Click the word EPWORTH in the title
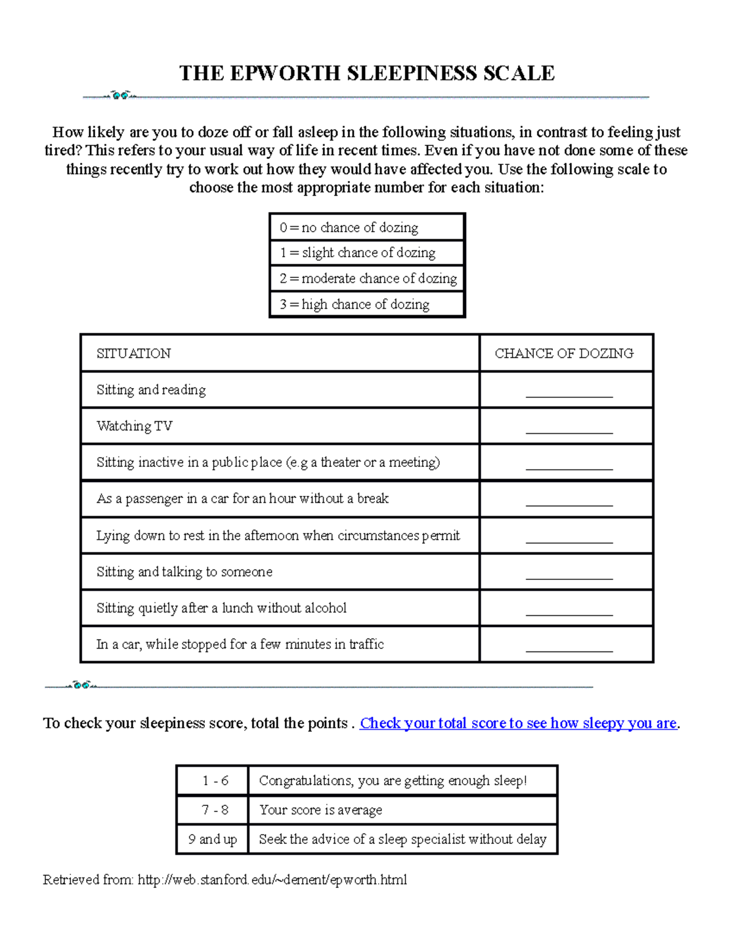click(285, 73)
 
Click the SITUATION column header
click(134, 353)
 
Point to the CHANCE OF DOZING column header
click(564, 353)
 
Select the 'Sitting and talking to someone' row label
click(185, 572)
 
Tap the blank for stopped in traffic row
click(569, 648)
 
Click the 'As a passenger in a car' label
click(242, 499)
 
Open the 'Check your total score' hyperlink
click(518, 724)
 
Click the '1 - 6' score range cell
click(215, 781)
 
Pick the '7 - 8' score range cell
click(215, 810)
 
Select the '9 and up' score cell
click(212, 840)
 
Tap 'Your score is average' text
click(321, 810)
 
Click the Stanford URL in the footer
click(272, 880)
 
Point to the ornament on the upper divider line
click(120, 95)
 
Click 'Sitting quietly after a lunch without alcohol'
click(221, 608)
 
